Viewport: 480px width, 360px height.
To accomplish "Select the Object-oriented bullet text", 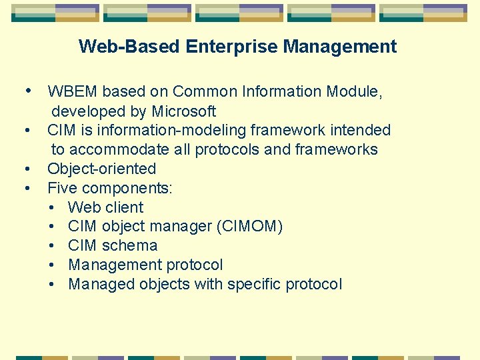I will (x=101, y=169).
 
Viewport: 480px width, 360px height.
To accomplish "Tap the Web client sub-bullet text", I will (x=105, y=207).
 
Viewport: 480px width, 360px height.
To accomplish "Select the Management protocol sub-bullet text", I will (x=145, y=265).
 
